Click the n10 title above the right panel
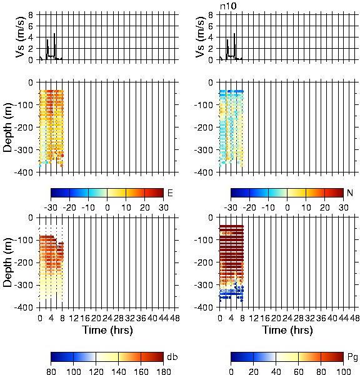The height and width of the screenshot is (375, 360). (x=228, y=6)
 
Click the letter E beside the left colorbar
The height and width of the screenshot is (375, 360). (x=170, y=192)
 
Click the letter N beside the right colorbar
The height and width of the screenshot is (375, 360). (x=350, y=192)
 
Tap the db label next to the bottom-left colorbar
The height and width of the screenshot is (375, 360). (x=172, y=357)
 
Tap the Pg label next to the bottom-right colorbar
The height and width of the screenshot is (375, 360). (x=352, y=357)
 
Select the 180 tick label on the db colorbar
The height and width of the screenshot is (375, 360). (x=163, y=371)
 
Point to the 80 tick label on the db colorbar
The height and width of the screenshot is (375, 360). (x=51, y=371)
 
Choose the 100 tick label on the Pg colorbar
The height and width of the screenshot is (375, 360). (x=343, y=371)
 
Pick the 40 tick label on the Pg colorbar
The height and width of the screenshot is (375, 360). (x=276, y=371)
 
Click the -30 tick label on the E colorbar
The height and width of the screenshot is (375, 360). (x=51, y=207)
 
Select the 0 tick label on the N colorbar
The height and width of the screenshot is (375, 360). (x=287, y=207)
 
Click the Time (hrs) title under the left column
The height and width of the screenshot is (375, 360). (x=107, y=330)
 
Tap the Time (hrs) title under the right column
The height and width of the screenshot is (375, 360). (x=287, y=330)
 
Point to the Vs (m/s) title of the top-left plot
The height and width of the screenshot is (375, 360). (x=21, y=37)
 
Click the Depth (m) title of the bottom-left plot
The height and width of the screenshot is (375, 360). (x=7, y=262)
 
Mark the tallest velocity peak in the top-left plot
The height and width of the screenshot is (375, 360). (x=54, y=33)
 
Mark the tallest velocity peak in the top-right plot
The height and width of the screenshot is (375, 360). (x=234, y=33)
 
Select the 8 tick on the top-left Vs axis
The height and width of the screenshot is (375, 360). (x=31, y=14)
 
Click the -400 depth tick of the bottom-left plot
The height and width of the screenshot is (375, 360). (x=24, y=307)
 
